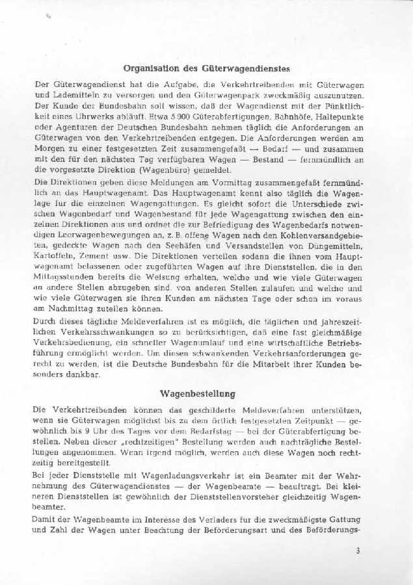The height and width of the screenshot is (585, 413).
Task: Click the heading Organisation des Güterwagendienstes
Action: click(x=206, y=68)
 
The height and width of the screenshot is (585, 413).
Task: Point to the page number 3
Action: click(x=358, y=550)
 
